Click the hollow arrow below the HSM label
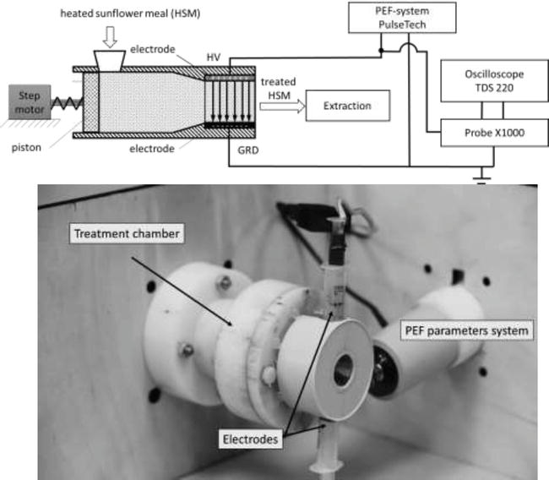111,35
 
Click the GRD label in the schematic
242,157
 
